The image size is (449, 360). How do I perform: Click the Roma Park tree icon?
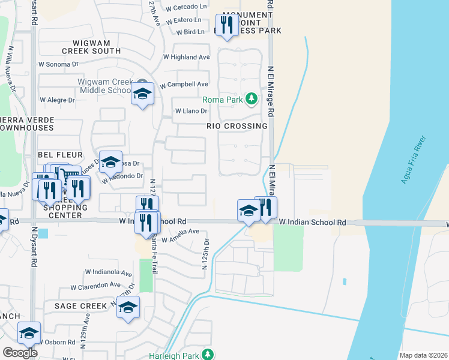click(254, 99)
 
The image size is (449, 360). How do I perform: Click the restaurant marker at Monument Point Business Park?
click(226, 25)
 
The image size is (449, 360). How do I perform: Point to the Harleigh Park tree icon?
click(208, 355)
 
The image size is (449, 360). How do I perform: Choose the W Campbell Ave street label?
click(184, 84)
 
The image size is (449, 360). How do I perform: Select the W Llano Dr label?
click(191, 111)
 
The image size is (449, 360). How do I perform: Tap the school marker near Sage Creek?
click(128, 307)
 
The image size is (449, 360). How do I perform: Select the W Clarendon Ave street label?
click(95, 286)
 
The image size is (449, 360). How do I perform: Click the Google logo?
click(20, 353)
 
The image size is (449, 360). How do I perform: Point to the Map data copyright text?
click(423, 355)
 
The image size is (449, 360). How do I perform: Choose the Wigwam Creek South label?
click(97, 47)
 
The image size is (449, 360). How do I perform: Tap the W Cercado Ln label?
click(186, 7)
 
